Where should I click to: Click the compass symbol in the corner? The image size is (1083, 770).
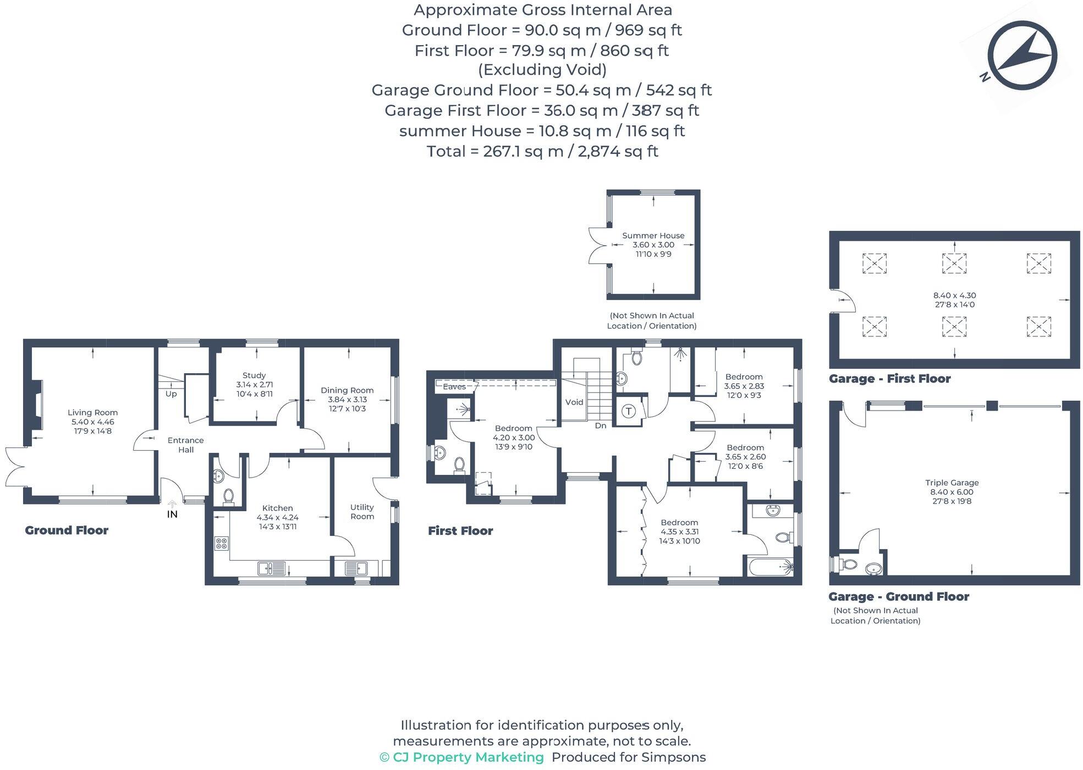(x=1021, y=56)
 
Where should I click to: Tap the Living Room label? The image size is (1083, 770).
(x=92, y=412)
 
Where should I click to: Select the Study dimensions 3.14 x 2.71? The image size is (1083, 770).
(x=254, y=385)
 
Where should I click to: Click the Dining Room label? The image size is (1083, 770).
(x=347, y=390)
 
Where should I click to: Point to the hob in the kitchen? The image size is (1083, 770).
(x=221, y=544)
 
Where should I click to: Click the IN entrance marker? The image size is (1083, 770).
(x=172, y=514)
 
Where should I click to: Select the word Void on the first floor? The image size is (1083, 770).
(x=574, y=402)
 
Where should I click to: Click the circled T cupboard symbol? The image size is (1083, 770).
(x=629, y=411)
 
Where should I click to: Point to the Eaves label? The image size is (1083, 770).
(x=454, y=386)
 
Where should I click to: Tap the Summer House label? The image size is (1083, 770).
(x=653, y=235)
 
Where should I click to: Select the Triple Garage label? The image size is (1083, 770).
(x=952, y=483)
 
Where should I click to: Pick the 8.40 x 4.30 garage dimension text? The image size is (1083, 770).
(x=954, y=295)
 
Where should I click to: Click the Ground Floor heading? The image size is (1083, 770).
(x=67, y=530)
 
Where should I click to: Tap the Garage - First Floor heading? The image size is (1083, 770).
(x=889, y=379)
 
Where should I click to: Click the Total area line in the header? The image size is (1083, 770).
(x=542, y=151)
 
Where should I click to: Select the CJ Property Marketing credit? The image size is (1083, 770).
(x=461, y=757)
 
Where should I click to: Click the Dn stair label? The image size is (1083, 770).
(x=600, y=425)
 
